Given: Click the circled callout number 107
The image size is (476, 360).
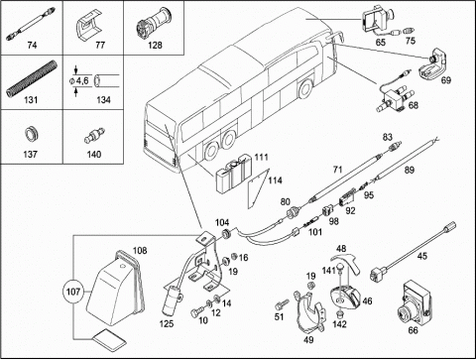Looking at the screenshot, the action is click(73, 292).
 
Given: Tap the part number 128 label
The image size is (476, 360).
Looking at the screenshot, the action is click(155, 45).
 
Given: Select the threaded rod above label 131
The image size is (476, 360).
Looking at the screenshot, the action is click(32, 78).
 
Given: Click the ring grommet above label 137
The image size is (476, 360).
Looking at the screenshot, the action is click(32, 135).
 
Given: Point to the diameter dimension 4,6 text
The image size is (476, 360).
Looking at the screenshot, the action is click(82, 80).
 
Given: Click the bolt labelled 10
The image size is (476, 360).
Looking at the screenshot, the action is click(196, 311).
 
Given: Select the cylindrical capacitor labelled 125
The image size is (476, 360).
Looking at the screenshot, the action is click(171, 300).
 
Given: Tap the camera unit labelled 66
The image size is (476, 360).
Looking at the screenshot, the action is click(414, 303).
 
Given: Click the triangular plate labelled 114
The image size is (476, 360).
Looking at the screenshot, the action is click(258, 187).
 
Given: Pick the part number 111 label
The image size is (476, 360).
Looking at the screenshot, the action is click(261, 157).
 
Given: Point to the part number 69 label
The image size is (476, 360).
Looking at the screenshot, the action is click(446, 80).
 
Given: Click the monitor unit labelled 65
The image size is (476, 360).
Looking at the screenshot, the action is click(378, 19).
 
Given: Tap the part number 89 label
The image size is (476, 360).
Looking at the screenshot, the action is click(410, 171).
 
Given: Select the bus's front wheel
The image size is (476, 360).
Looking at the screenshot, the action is click(305, 89).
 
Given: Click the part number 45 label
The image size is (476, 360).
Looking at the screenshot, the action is click(422, 256).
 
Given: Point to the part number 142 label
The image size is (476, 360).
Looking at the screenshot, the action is click(340, 324).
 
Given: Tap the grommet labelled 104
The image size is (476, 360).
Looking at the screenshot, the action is click(226, 233).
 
